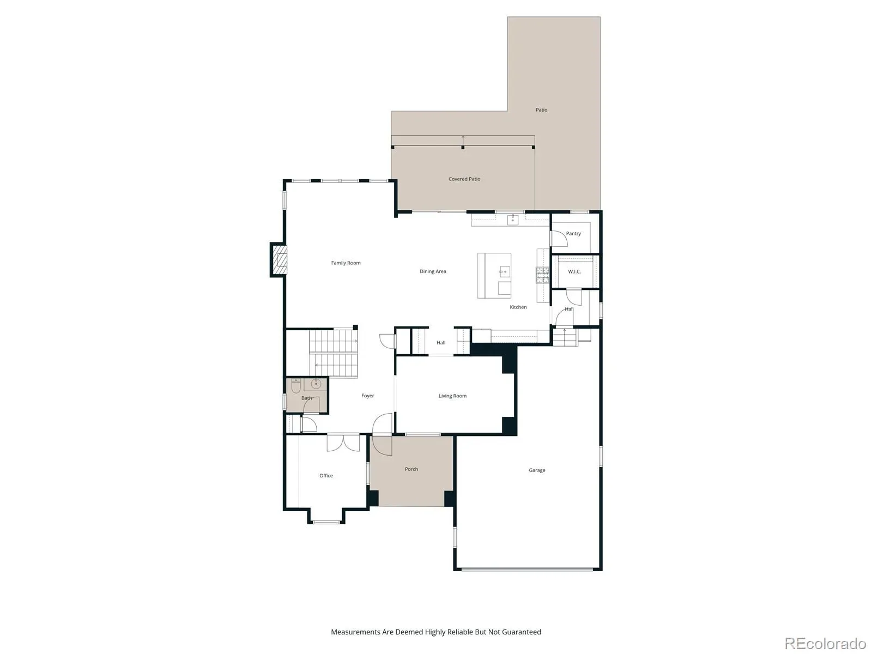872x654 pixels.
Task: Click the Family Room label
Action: click(346, 263)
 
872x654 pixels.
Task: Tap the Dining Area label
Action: click(433, 271)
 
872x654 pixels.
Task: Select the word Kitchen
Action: click(518, 307)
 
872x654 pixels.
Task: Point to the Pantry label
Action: click(573, 234)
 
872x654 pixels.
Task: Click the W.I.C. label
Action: click(574, 272)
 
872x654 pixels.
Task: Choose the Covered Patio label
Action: click(464, 179)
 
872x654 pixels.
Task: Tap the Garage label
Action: click(537, 470)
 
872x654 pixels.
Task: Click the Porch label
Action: click(411, 469)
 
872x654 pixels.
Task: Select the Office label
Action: click(326, 476)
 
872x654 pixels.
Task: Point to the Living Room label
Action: click(452, 396)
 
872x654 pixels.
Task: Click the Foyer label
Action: click(367, 396)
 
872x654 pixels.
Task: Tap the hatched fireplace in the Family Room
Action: click(279, 260)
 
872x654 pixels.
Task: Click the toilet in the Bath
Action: click(296, 385)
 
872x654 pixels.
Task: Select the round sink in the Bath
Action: click(316, 384)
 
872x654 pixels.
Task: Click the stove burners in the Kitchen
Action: click(542, 276)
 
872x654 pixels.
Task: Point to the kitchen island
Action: click(494, 276)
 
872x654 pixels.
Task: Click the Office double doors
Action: click(343, 443)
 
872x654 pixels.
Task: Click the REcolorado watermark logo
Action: click(825, 643)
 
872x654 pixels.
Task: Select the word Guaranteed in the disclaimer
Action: click(522, 632)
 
